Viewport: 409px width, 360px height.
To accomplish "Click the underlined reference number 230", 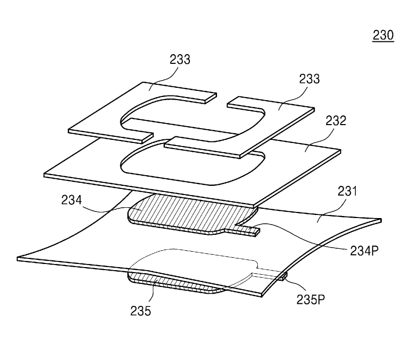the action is click(383, 35).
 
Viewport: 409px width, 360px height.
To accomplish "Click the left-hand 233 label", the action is click(180, 59).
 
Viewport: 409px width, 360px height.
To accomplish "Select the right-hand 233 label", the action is click(309, 79).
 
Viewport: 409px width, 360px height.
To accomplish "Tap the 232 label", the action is click(336, 121).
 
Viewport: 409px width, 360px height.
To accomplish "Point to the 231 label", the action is click(347, 191).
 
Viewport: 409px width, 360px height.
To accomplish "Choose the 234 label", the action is click(71, 200).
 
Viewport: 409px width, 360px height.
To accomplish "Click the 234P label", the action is click(364, 251).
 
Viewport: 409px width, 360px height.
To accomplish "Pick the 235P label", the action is click(310, 300).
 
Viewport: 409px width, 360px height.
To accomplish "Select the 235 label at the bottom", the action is click(140, 311).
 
